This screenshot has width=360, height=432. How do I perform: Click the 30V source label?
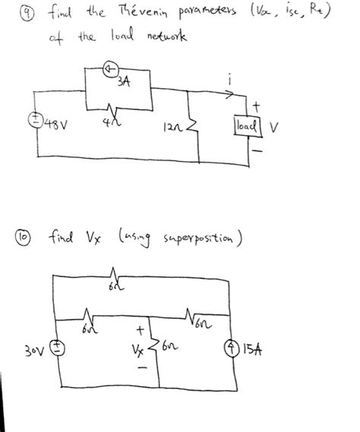pyautogui.click(x=31, y=352)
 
